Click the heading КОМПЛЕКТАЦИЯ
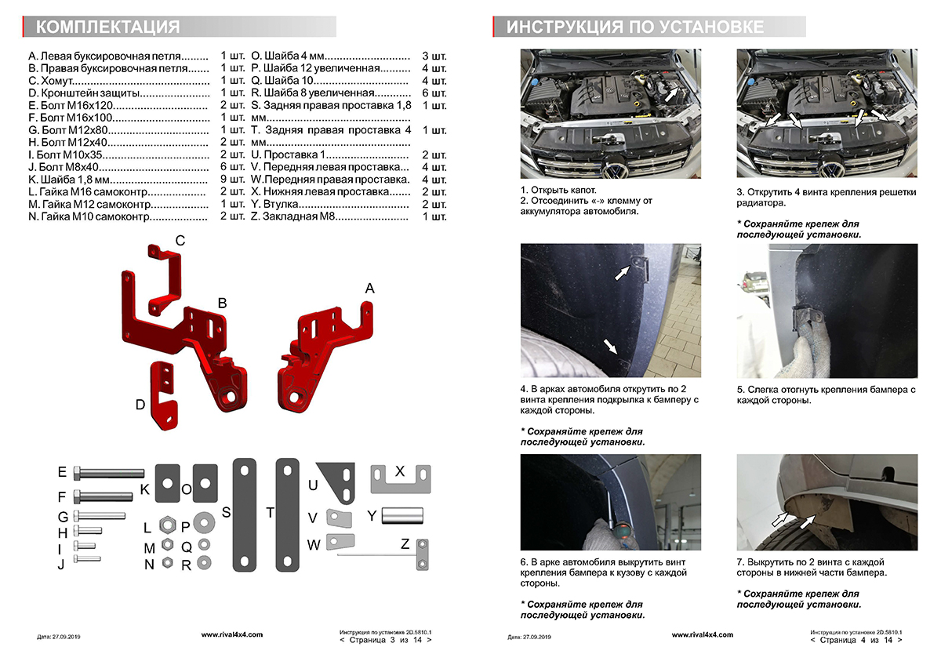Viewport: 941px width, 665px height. coord(108,27)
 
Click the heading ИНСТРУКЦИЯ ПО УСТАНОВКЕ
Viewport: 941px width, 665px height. coord(634,27)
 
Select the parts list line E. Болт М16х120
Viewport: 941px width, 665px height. coord(118,105)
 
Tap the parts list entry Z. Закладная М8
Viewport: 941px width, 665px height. coord(336,216)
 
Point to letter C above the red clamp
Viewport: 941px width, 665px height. coord(180,241)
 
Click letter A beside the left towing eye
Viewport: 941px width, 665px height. coord(369,289)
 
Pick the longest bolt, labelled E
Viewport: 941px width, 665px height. coord(110,473)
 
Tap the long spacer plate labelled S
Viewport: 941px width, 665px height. coord(245,518)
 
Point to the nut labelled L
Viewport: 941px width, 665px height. coord(166,524)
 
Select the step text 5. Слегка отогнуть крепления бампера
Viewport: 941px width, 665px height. coord(826,394)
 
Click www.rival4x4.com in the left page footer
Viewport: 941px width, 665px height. coord(232,634)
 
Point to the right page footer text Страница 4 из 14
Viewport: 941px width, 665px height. coord(856,640)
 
